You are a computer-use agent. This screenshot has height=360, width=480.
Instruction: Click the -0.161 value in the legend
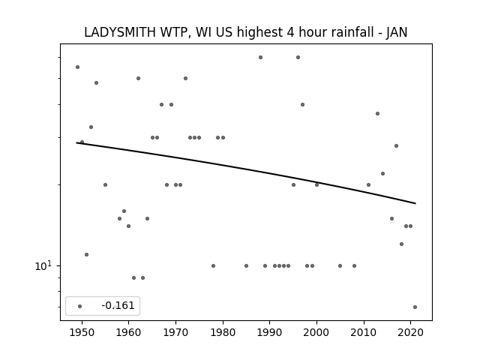click(118, 305)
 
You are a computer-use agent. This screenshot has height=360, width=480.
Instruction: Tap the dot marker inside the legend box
click(79, 306)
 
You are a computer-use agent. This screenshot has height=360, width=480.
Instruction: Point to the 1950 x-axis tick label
click(82, 332)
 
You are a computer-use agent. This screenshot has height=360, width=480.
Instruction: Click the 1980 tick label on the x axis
click(223, 332)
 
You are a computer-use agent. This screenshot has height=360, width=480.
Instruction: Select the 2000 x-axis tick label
click(316, 332)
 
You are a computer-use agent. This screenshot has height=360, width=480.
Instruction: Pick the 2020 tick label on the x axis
click(410, 332)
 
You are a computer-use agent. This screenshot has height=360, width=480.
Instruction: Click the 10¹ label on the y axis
click(43, 265)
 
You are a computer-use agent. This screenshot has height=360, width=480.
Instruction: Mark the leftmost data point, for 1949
click(77, 67)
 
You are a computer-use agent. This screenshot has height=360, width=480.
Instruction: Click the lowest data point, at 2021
click(415, 307)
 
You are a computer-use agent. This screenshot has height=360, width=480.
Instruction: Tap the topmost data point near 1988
click(260, 57)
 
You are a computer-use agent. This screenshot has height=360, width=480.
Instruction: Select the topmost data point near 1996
click(298, 57)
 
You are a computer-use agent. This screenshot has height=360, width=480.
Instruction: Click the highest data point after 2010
click(377, 113)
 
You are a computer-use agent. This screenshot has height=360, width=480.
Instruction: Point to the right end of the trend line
click(415, 203)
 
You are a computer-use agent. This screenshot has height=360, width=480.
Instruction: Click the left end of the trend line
click(76, 142)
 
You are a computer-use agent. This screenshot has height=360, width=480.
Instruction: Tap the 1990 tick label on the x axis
click(269, 332)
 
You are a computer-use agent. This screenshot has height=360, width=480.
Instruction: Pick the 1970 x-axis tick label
click(175, 332)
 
